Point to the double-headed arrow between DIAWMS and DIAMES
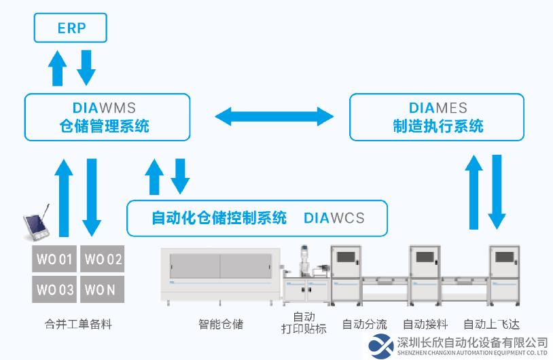274,116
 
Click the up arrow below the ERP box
57,68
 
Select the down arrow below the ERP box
86,68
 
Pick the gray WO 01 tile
54,259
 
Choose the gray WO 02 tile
103,259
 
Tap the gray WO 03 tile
54,289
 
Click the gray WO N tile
103,289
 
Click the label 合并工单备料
78,324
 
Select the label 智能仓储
221,324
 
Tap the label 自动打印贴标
304,323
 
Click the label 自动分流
365,324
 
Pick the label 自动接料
425,324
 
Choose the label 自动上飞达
492,324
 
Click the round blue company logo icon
381,346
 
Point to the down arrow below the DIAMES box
497,192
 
